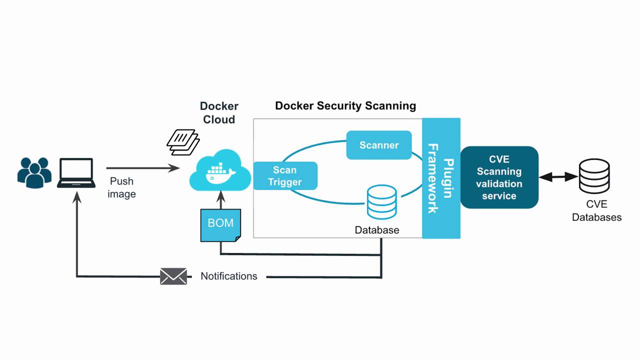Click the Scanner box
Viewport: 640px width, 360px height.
379,145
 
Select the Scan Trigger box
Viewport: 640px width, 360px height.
285,176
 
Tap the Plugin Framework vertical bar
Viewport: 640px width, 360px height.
441,178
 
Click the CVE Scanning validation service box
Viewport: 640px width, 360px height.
499,177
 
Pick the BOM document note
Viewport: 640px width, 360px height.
220,225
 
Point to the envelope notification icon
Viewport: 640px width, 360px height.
173,276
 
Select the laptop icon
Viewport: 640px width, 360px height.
76,173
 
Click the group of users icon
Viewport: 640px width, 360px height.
34,173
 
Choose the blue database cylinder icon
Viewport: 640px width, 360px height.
381,202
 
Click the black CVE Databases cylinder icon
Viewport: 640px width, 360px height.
594,176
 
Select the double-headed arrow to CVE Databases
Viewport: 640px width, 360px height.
558,176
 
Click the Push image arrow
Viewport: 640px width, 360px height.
142,168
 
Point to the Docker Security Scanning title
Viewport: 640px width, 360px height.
345,106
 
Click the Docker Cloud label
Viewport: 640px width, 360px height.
219,112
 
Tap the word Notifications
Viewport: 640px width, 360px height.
229,276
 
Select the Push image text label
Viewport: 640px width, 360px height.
121,187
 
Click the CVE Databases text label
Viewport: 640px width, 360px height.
596,210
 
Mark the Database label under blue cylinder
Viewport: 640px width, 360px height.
377,230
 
